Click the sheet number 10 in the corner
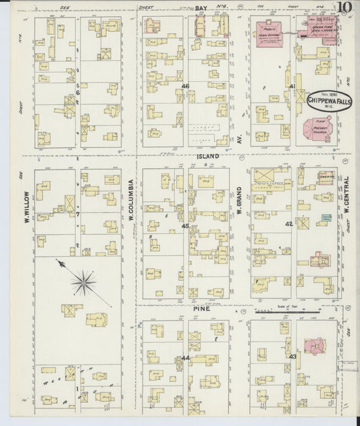[x=344, y=9]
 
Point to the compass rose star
[x=83, y=282]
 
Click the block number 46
[x=184, y=86]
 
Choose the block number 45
[x=184, y=226]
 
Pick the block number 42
[x=288, y=223]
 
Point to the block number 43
[x=292, y=356]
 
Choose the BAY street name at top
[x=201, y=7]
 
